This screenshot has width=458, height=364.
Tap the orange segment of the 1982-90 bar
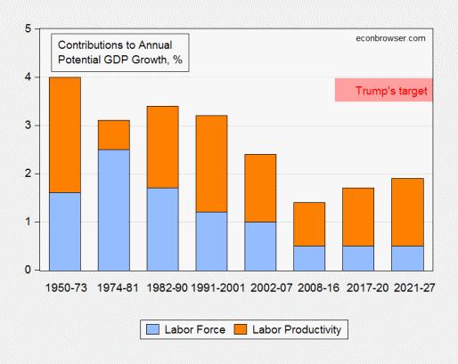pos(163,147)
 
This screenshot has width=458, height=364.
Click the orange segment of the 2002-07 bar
pos(260,188)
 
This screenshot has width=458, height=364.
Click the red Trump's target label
pos(391,90)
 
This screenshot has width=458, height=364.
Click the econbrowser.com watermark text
pos(389,38)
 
